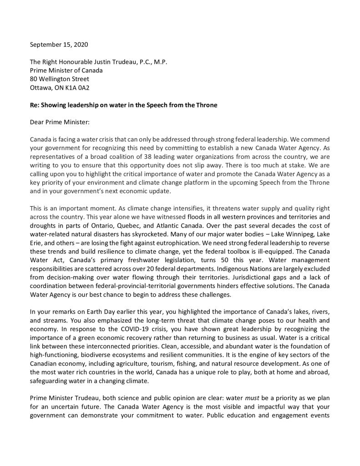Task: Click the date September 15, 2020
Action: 59,45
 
